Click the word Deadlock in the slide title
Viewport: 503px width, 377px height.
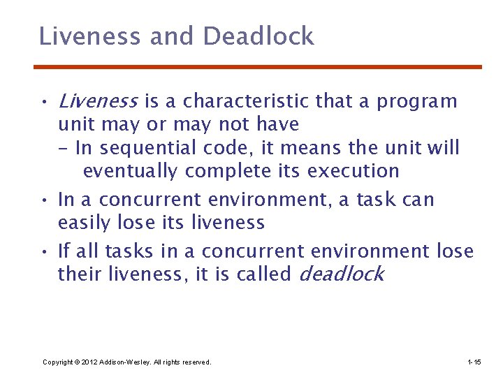[259, 36]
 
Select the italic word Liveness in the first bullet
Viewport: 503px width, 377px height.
[98, 102]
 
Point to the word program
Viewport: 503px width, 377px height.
[417, 103]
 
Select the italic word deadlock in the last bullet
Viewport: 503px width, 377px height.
[341, 274]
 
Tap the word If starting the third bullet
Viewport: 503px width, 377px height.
[63, 251]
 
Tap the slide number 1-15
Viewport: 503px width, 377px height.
[473, 362]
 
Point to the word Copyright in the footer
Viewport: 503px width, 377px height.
[58, 362]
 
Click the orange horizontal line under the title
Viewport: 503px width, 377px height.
[258, 67]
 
